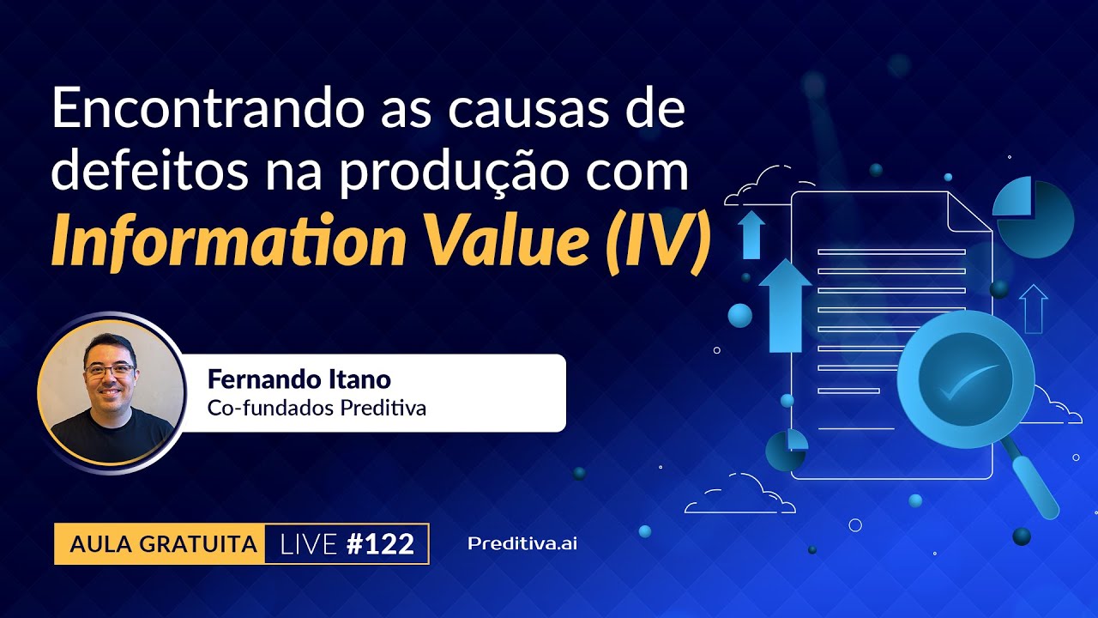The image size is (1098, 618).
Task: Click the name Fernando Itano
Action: point(299,379)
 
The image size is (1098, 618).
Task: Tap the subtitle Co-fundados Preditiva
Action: point(317,408)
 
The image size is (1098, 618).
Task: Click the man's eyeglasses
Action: point(109,371)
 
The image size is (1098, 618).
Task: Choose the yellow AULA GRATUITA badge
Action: point(162,543)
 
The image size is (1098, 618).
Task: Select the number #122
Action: point(380,543)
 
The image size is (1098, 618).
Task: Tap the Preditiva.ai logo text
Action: point(522,543)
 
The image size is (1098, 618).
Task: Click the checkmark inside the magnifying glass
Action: point(967,380)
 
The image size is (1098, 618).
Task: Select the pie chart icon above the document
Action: point(1034,217)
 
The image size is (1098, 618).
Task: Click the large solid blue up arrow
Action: point(784,306)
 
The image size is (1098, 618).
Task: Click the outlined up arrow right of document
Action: point(1033,308)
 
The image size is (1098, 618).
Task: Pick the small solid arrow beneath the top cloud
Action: point(751,234)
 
